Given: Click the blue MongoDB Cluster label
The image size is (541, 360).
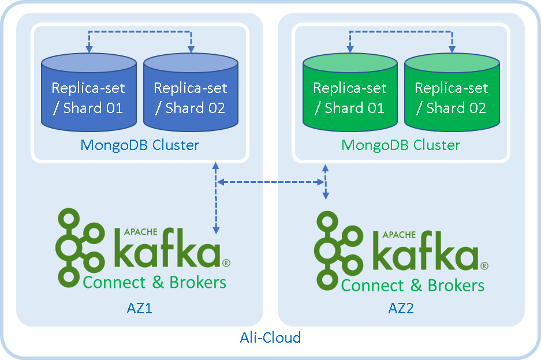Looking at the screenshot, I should pyautogui.click(x=140, y=145).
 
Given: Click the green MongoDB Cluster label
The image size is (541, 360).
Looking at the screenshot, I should pyautogui.click(x=401, y=145).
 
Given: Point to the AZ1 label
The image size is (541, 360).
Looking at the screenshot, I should pyautogui.click(x=139, y=308).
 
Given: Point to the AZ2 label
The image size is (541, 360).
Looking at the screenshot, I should pyautogui.click(x=401, y=309).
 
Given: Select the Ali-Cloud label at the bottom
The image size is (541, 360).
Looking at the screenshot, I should pyautogui.click(x=270, y=337).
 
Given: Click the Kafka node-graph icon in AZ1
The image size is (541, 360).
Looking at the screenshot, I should pyautogui.click(x=80, y=248).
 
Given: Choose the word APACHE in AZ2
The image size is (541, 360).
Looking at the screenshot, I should pyautogui.click(x=399, y=235).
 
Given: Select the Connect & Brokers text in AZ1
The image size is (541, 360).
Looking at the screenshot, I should pyautogui.click(x=154, y=282).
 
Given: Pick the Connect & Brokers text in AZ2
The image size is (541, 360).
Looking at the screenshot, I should pyautogui.click(x=412, y=285).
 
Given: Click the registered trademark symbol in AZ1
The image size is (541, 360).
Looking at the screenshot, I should pyautogui.click(x=226, y=263).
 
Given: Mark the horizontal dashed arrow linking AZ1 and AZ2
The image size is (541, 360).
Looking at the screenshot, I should pyautogui.click(x=270, y=182).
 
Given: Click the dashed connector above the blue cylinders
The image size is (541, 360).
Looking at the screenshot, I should pyautogui.click(x=139, y=33).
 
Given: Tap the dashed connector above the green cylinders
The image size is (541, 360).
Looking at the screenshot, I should pyautogui.click(x=400, y=33).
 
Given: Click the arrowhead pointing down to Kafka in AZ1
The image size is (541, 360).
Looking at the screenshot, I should pyautogui.click(x=216, y=230).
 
